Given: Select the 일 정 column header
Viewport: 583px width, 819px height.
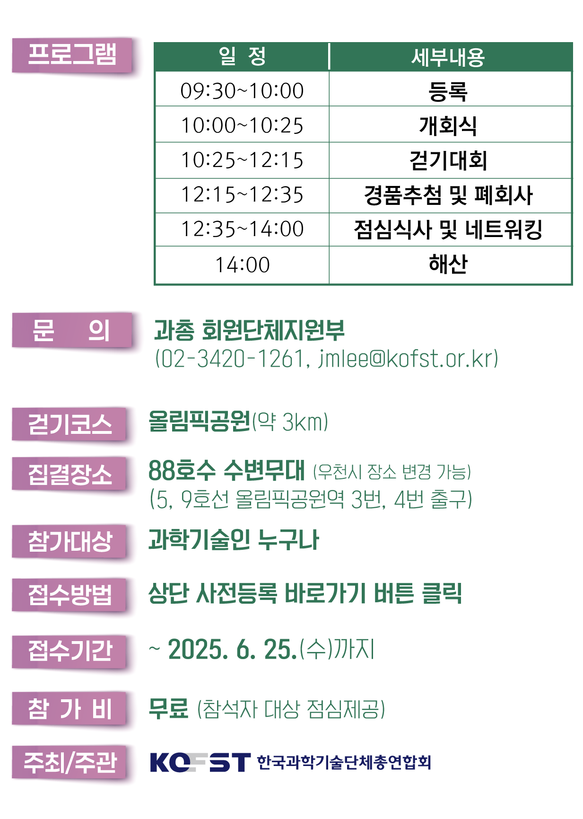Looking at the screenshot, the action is (242, 57).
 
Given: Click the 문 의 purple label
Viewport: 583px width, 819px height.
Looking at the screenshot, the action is (71, 331).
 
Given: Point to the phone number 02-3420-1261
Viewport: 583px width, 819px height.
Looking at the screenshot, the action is (230, 359).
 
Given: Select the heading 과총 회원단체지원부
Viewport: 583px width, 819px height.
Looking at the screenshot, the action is (249, 330).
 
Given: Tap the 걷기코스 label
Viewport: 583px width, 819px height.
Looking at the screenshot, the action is (70, 424).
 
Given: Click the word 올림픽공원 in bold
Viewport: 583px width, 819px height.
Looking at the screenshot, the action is (199, 421).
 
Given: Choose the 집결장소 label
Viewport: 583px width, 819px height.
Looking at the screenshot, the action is (70, 475).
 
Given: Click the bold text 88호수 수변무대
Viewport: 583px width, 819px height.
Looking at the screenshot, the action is (226, 470).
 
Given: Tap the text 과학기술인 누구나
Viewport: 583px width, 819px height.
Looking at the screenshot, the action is (234, 540).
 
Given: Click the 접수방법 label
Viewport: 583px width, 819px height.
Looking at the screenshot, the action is (70, 595).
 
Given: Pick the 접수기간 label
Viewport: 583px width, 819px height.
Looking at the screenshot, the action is (70, 651).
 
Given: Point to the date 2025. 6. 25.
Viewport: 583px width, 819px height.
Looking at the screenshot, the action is (232, 649).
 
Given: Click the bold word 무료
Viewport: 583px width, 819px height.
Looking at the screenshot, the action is (168, 709).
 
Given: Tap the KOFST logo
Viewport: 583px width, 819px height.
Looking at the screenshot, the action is (200, 762).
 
